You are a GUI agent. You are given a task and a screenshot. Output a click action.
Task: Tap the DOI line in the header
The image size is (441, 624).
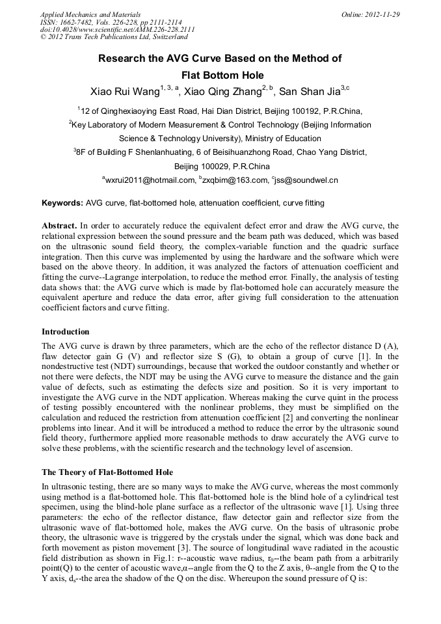(117, 29)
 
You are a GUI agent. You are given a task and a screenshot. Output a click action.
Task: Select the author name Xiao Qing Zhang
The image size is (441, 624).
(223, 90)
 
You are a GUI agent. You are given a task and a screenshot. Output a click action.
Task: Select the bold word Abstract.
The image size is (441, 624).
(59, 226)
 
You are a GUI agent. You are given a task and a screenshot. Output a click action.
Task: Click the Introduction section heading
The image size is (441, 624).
(65, 332)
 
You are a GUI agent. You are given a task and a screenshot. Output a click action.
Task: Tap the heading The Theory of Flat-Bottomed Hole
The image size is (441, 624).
(107, 472)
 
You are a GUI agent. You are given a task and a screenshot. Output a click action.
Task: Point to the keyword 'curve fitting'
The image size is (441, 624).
(303, 203)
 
